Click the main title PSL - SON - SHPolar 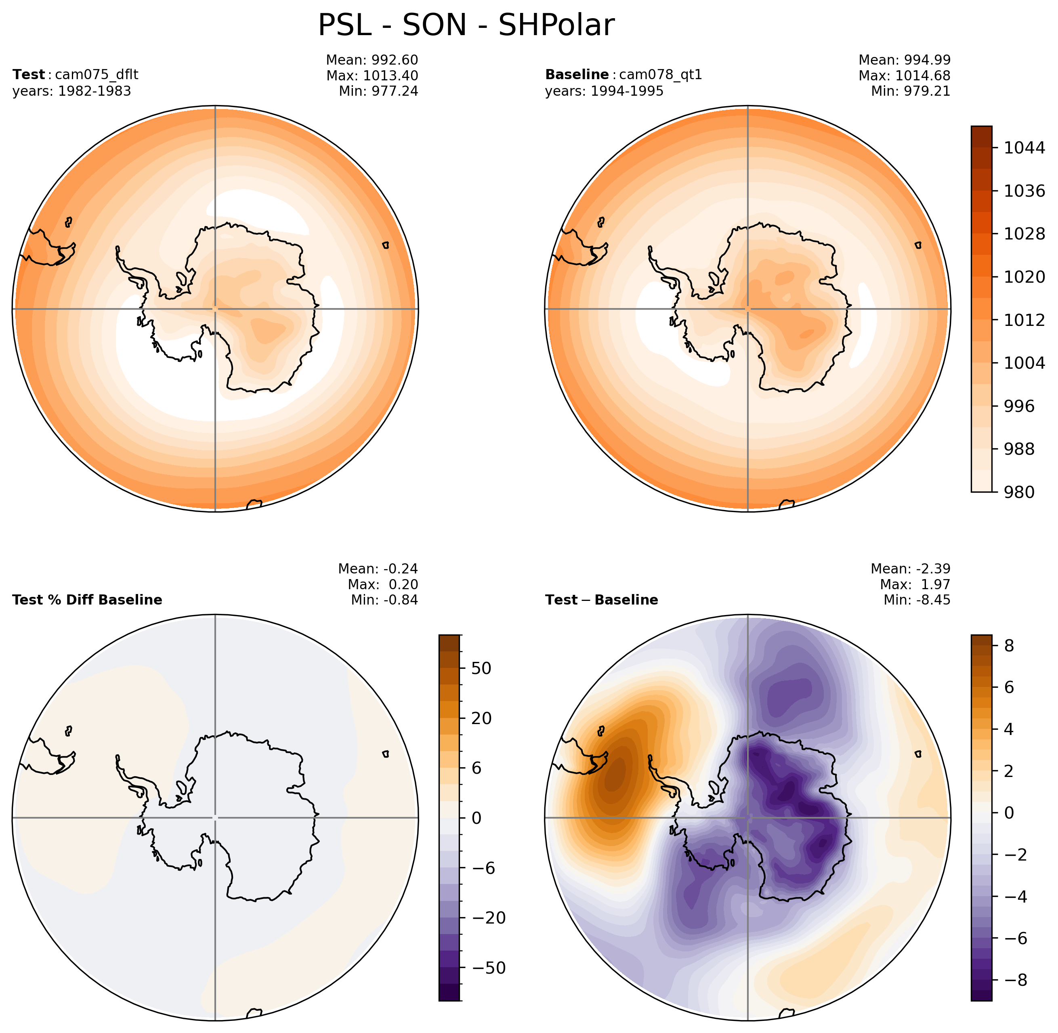coord(466,25)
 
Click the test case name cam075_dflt coord(97,75)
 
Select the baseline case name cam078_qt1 coord(660,75)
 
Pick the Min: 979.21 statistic coord(911,91)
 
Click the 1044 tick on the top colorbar coord(1024,147)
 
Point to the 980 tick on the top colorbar coord(1019,492)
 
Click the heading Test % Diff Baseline coord(87,600)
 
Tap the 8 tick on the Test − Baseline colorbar coord(1009,646)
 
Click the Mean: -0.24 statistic coord(378,569)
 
